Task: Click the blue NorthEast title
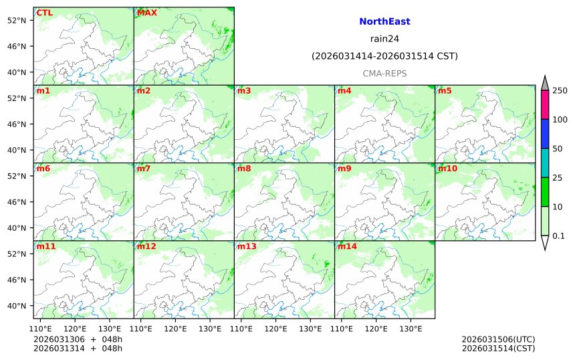pos(384,22)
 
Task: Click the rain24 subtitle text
pos(384,39)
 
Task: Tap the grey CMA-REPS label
pos(384,74)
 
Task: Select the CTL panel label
pos(44,13)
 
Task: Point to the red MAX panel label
pos(147,13)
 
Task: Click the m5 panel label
pos(445,91)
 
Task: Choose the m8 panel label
pos(244,169)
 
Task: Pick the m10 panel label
pos(447,169)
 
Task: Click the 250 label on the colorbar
pos(560,91)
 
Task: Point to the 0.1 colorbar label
pos(559,236)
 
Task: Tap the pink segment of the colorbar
pos(544,105)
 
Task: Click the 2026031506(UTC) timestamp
pos(498,339)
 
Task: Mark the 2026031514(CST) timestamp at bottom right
pos(498,348)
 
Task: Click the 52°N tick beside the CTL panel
pos(15,20)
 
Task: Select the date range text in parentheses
pos(384,56)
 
